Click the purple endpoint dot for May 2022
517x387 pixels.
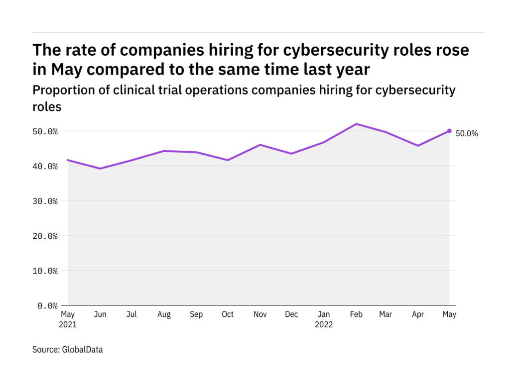(x=449, y=131)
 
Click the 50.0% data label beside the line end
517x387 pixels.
(x=467, y=133)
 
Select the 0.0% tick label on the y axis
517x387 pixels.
(x=48, y=305)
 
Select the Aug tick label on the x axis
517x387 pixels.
(x=164, y=314)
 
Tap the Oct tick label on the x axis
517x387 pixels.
(x=227, y=314)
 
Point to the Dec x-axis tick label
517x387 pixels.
(x=291, y=314)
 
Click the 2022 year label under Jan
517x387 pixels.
(x=324, y=324)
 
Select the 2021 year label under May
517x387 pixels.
(x=68, y=324)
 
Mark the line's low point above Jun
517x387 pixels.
(x=100, y=169)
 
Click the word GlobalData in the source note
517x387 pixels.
(x=82, y=350)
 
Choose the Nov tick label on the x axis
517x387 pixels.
(x=259, y=314)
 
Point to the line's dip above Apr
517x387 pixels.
(x=418, y=146)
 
